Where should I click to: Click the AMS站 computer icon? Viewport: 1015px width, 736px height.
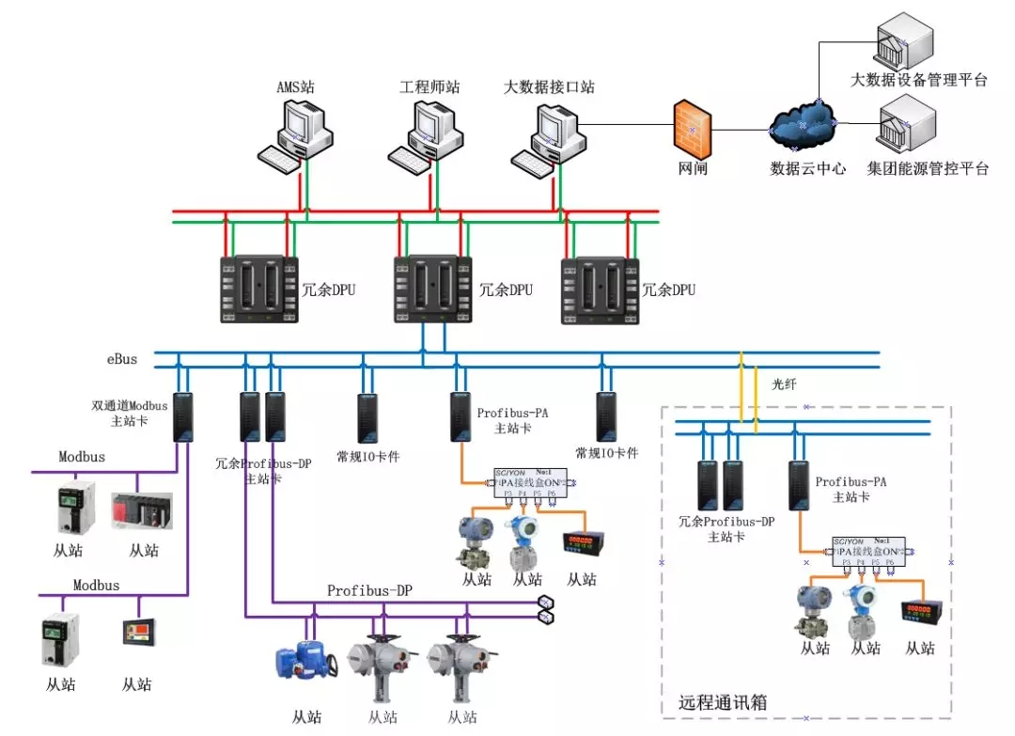pos(295,136)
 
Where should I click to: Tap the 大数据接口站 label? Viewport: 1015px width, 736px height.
pos(549,87)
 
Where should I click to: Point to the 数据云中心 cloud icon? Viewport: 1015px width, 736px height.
pos(803,125)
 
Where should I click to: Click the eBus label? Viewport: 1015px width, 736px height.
pos(122,359)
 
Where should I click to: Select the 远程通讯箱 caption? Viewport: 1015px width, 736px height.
pos(723,702)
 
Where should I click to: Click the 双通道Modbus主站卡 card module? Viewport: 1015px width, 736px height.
pos(183,416)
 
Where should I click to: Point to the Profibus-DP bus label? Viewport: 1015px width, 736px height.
pos(369,590)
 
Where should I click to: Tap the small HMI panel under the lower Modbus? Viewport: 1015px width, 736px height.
pos(138,631)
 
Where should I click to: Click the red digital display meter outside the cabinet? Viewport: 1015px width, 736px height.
pos(582,543)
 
